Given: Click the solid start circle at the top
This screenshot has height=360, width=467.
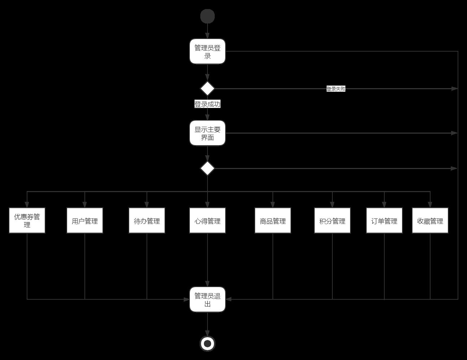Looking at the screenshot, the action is [208, 16].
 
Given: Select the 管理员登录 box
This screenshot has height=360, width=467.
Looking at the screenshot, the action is [208, 51].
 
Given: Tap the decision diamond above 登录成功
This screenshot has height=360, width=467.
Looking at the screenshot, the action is [208, 88].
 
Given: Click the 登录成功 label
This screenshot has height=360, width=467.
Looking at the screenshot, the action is [208, 104].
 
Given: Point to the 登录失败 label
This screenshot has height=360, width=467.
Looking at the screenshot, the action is [336, 89].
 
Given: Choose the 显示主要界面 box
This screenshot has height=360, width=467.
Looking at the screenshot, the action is [208, 133].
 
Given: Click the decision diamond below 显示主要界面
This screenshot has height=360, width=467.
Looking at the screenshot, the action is [208, 168].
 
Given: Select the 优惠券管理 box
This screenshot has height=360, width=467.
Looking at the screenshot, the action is [27, 220].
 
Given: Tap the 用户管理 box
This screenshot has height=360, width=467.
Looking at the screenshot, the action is [85, 220].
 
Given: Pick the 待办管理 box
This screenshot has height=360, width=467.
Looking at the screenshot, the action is [147, 220].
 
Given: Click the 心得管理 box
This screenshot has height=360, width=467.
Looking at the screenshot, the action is [208, 220].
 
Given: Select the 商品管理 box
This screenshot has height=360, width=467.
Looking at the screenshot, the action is [273, 220].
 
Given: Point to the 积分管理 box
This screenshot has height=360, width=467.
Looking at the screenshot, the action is [332, 220].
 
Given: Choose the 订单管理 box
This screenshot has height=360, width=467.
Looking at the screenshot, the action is [384, 220].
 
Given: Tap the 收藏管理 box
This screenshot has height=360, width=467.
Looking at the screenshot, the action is [430, 220].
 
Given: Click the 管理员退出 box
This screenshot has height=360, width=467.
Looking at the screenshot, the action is [208, 299].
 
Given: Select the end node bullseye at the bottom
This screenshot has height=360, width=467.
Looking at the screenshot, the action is [208, 344].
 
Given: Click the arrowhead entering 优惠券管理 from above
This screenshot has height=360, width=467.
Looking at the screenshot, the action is [27, 205].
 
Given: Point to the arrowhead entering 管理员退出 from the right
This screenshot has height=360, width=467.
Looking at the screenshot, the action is [228, 299].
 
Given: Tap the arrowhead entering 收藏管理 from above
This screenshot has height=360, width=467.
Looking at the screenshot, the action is [430, 205].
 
